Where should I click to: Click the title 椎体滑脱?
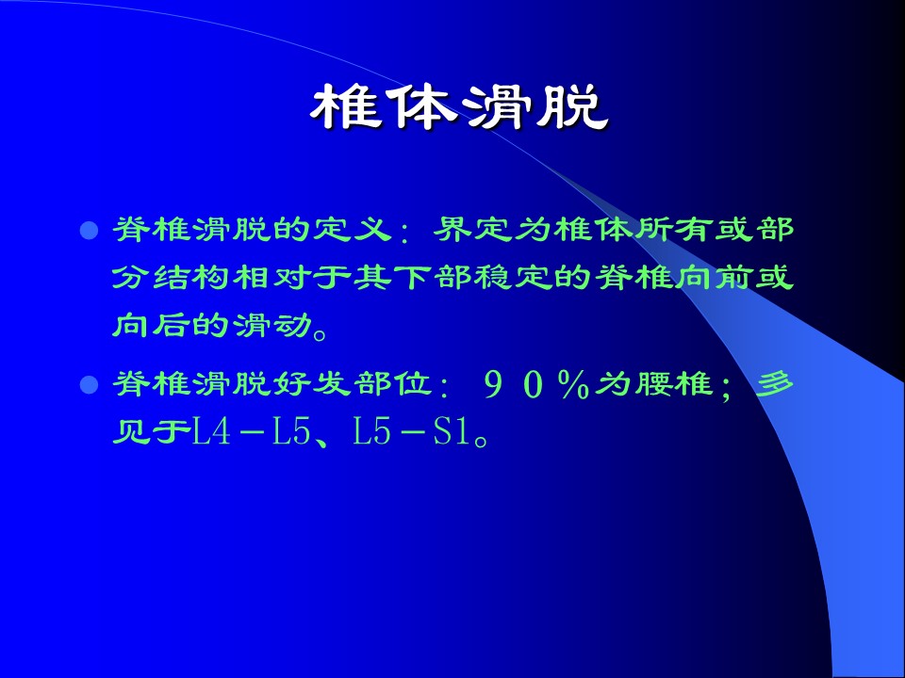tap(459, 107)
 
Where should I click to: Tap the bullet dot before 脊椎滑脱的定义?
tap(89, 231)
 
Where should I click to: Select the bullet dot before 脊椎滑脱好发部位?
tap(89, 384)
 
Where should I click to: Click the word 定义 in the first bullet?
tap(351, 231)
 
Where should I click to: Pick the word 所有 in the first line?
tap(674, 231)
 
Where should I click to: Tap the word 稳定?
tap(514, 279)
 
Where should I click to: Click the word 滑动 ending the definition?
tap(271, 327)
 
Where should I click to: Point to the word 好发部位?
tap(352, 384)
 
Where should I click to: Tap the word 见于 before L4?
tap(151, 432)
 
